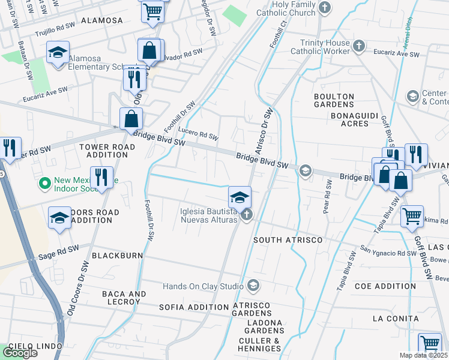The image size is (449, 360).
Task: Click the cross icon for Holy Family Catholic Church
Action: pos(325,8)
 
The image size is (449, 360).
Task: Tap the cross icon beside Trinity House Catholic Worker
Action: pos(358,46)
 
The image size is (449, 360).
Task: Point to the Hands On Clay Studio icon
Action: pos(253,284)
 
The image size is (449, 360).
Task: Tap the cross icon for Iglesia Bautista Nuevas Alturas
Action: pos(246,215)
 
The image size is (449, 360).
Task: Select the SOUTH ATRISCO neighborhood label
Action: pos(288,240)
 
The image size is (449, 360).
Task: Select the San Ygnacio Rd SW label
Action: pos(388,250)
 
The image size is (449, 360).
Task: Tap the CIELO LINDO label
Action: pos(35,347)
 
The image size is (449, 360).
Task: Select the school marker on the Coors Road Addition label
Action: pos(59,220)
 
